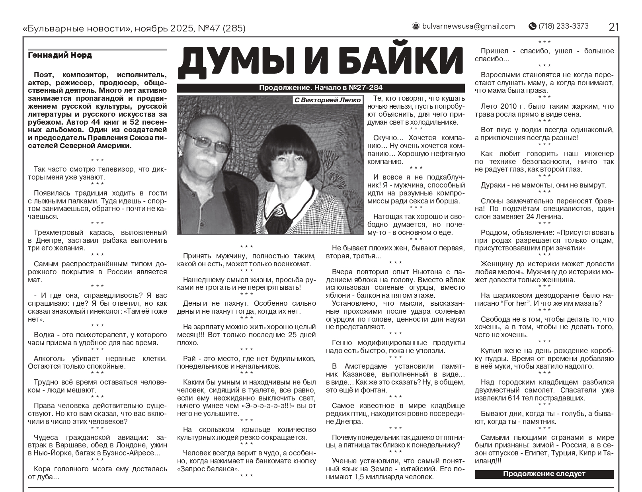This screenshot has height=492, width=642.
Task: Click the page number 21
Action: tap(614, 27)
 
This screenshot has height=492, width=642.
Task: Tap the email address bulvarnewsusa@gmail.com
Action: tap(468, 26)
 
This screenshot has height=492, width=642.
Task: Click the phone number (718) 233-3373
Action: tap(563, 26)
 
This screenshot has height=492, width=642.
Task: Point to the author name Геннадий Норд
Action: tap(60, 55)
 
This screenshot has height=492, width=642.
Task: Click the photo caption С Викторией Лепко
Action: tap(327, 100)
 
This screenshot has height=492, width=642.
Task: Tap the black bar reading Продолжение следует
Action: tap(544, 474)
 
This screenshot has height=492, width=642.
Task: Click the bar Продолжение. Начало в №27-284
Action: tap(320, 88)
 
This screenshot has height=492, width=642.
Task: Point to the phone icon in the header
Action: tap(532, 26)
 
